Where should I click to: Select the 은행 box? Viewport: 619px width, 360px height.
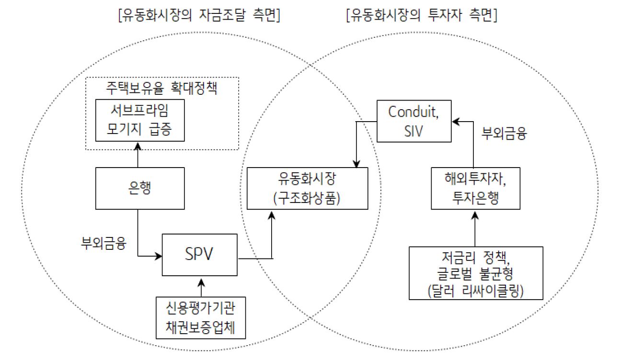pyautogui.click(x=140, y=188)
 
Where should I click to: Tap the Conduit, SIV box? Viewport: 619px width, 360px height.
pyautogui.click(x=414, y=121)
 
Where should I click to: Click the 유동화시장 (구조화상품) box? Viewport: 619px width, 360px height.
pyautogui.click(x=307, y=188)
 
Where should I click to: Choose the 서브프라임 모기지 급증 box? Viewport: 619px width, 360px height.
pyautogui.click(x=140, y=120)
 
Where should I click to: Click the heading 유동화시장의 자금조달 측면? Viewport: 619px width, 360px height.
pyautogui.click(x=198, y=16)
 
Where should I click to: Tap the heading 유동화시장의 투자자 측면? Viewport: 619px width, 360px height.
pyautogui.click(x=422, y=16)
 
